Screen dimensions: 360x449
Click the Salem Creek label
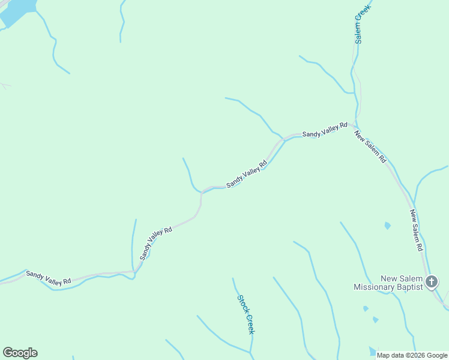pyautogui.click(x=362, y=22)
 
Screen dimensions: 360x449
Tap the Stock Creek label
pyautogui.click(x=246, y=314)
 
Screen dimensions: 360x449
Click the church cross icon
pyautogui.click(x=431, y=281)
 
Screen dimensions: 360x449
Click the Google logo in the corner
pyautogui.click(x=20, y=353)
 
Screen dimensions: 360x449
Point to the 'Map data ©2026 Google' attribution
pyautogui.click(x=412, y=355)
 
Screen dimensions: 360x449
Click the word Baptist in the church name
pyautogui.click(x=409, y=287)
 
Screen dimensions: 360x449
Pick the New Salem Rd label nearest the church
pyautogui.click(x=417, y=230)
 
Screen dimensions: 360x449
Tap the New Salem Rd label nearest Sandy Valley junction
pyautogui.click(x=370, y=147)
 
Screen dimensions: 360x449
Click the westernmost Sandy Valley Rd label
pyautogui.click(x=49, y=277)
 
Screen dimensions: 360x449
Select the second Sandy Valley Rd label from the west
pyautogui.click(x=155, y=243)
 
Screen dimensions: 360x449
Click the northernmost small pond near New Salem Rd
pyautogui.click(x=387, y=226)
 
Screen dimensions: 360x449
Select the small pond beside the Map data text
pyautogui.click(x=372, y=351)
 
